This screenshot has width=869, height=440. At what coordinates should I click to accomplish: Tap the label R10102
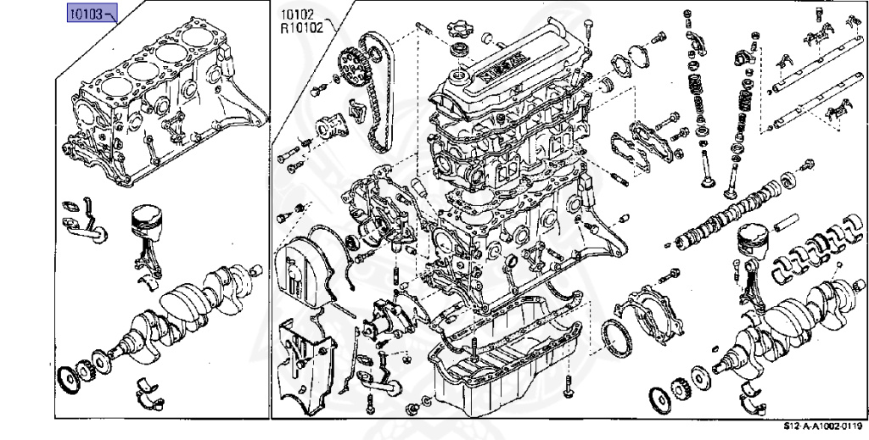click(x=301, y=28)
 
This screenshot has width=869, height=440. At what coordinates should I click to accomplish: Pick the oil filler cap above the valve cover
click(x=457, y=26)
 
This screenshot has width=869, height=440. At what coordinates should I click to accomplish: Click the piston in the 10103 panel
click(x=148, y=222)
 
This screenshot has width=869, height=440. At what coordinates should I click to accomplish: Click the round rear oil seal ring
click(x=615, y=340)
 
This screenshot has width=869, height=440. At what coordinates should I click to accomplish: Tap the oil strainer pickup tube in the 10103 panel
click(x=84, y=221)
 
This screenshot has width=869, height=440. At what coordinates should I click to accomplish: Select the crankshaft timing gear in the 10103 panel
click(x=86, y=370)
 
